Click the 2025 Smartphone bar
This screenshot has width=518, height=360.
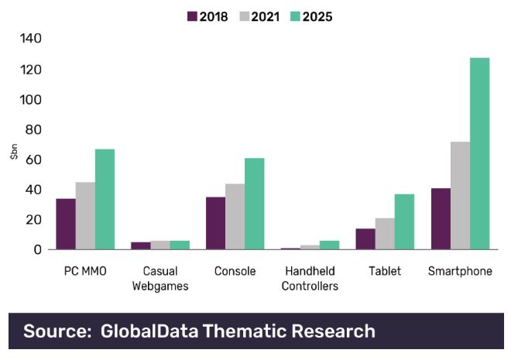click(479, 154)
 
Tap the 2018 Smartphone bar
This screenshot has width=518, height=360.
click(441, 219)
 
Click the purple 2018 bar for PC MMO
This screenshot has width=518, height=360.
click(66, 225)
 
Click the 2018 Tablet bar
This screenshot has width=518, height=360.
click(365, 239)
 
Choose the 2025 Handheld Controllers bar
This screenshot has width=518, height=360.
click(329, 245)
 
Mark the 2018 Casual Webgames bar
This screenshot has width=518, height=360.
click(141, 246)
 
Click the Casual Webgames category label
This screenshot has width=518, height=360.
click(160, 279)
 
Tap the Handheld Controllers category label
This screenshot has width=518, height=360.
click(310, 279)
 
